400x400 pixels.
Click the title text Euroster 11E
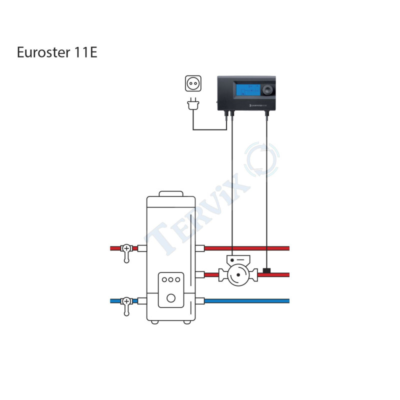coord(57,52)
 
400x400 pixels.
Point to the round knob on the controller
coord(268,91)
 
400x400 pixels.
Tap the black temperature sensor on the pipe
coord(267,270)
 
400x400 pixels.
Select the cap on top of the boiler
coord(170,193)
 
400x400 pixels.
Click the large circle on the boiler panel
coord(170,298)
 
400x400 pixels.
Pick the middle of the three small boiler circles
coord(170,280)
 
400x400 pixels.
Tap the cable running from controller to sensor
coord(267,190)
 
